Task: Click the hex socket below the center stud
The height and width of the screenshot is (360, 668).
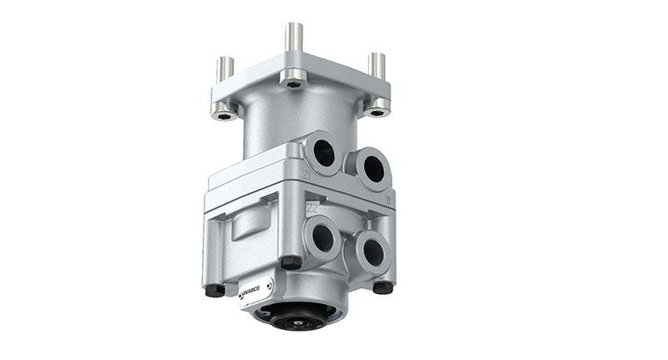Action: (x=292, y=82)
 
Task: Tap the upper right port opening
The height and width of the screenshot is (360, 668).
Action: (x=373, y=168)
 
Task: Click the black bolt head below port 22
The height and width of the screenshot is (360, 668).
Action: (x=291, y=263)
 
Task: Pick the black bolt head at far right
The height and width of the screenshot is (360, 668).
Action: (x=383, y=286)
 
